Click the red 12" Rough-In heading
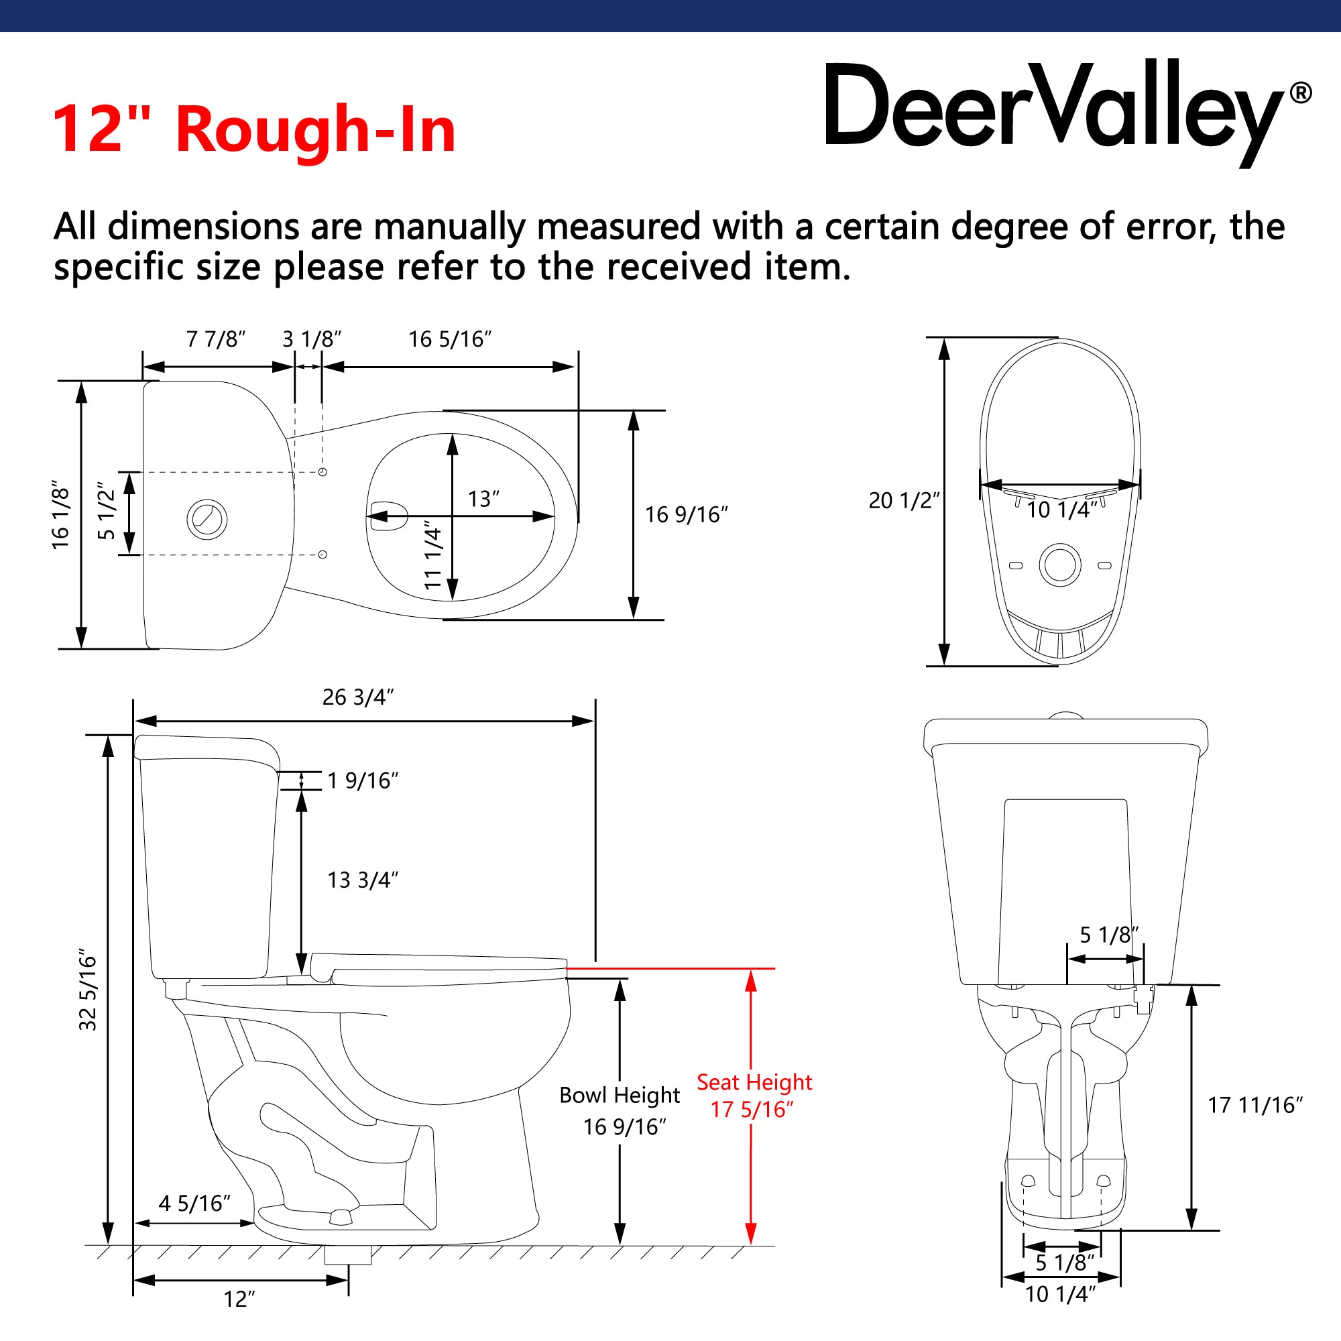(x=254, y=129)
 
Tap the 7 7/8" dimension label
(x=216, y=339)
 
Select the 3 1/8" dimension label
(x=312, y=339)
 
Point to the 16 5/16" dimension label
(x=450, y=339)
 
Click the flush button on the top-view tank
(x=207, y=519)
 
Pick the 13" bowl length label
(x=483, y=499)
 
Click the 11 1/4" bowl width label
(x=433, y=555)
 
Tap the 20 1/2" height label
(x=904, y=500)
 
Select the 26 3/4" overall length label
(x=358, y=697)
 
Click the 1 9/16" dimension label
(x=362, y=781)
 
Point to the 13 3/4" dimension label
(x=362, y=880)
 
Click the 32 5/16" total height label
(x=88, y=990)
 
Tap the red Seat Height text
(x=754, y=1082)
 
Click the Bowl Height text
(x=619, y=1095)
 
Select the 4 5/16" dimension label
(x=194, y=1203)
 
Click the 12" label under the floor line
(x=239, y=1299)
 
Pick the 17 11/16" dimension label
(x=1255, y=1105)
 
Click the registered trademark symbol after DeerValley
(x=1300, y=93)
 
